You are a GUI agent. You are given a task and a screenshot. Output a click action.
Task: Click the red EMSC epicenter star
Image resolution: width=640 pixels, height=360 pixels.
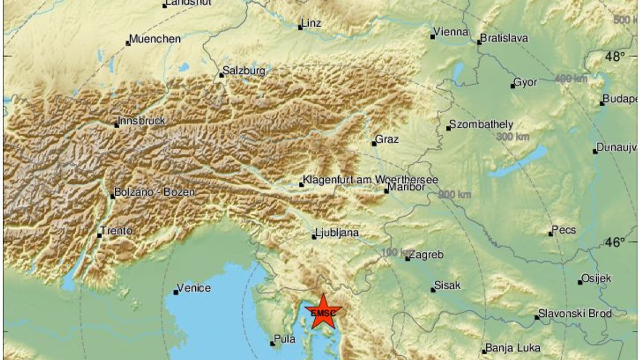(x=323, y=313)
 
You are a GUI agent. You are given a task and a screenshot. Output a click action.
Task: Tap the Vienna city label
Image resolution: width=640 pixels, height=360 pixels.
(x=451, y=32)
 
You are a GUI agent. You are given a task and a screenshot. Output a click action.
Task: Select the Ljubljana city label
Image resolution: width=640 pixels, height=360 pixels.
(x=337, y=233)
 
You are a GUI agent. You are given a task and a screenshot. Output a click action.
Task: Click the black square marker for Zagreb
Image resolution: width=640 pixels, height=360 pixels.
(x=407, y=259)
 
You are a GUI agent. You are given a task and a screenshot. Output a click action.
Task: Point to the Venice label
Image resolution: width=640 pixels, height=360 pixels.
(x=194, y=288)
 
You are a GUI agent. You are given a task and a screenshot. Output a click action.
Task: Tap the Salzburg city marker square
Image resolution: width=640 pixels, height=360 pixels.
(x=221, y=75)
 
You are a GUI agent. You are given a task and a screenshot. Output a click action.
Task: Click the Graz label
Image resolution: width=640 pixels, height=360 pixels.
(x=387, y=139)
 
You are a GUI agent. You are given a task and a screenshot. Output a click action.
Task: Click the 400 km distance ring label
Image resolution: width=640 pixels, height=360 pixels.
(x=571, y=79)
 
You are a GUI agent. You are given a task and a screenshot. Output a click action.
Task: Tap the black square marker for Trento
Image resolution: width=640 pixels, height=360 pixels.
(x=99, y=235)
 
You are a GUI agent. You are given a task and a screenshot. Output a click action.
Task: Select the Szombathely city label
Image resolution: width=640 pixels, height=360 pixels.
(x=481, y=125)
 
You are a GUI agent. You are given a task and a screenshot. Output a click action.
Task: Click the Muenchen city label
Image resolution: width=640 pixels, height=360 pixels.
(x=155, y=39)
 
